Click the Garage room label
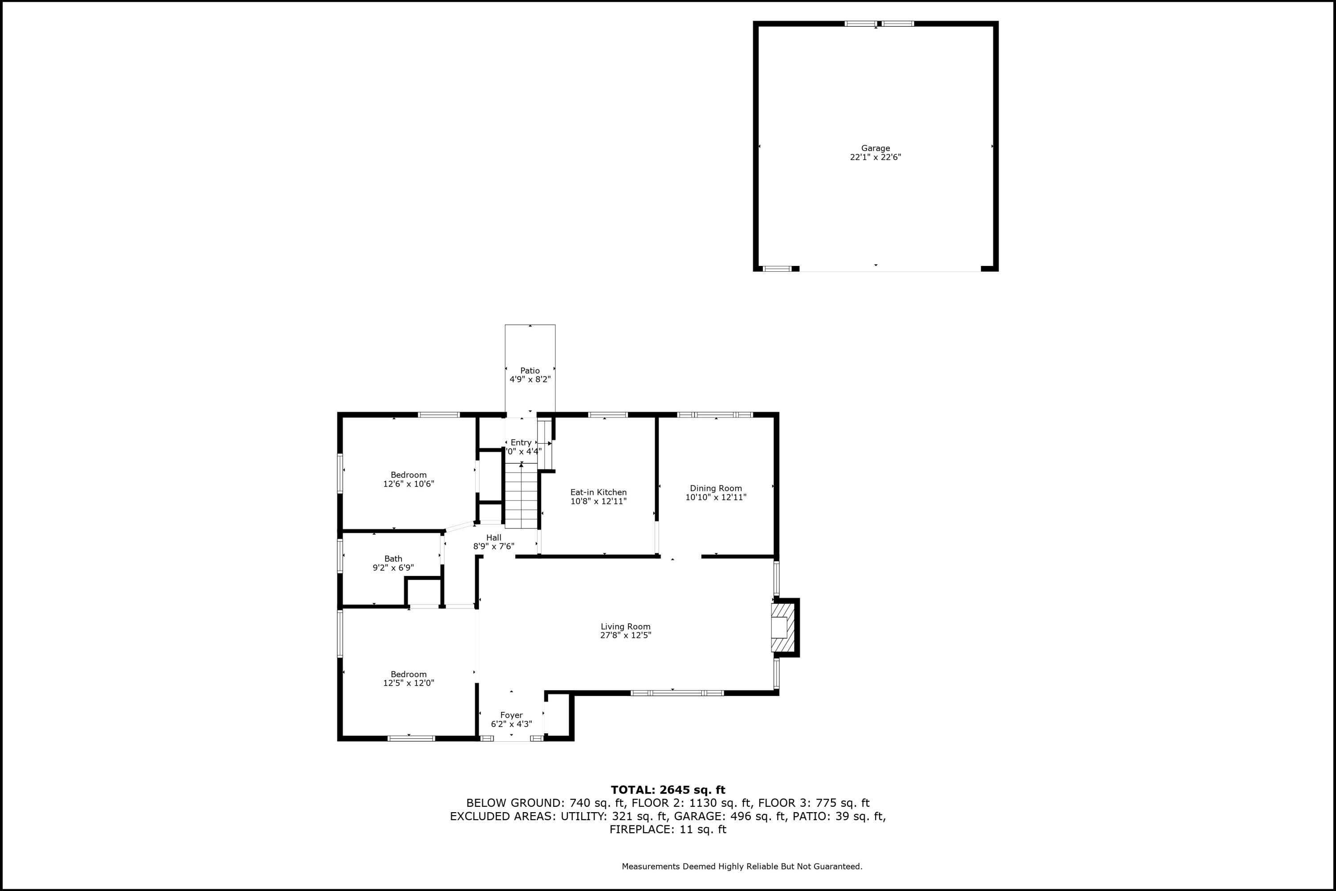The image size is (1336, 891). (876, 148)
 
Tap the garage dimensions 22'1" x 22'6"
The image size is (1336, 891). (876, 157)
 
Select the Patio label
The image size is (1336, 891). (530, 371)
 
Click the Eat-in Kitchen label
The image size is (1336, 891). (599, 493)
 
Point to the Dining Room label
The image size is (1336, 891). (716, 488)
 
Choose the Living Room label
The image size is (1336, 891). (625, 627)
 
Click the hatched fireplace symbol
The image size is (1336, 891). (782, 627)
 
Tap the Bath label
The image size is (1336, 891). (393, 559)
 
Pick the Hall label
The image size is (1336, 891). (493, 538)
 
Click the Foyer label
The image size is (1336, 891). (511, 715)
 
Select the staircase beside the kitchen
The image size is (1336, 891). (521, 495)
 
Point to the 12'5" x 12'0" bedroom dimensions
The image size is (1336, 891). (408, 683)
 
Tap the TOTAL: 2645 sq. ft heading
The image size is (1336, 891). (668, 790)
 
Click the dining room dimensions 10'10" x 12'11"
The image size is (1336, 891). (716, 497)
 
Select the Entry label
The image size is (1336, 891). (521, 443)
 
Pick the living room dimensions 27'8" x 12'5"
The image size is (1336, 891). (625, 636)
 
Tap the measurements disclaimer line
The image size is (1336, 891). (742, 866)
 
